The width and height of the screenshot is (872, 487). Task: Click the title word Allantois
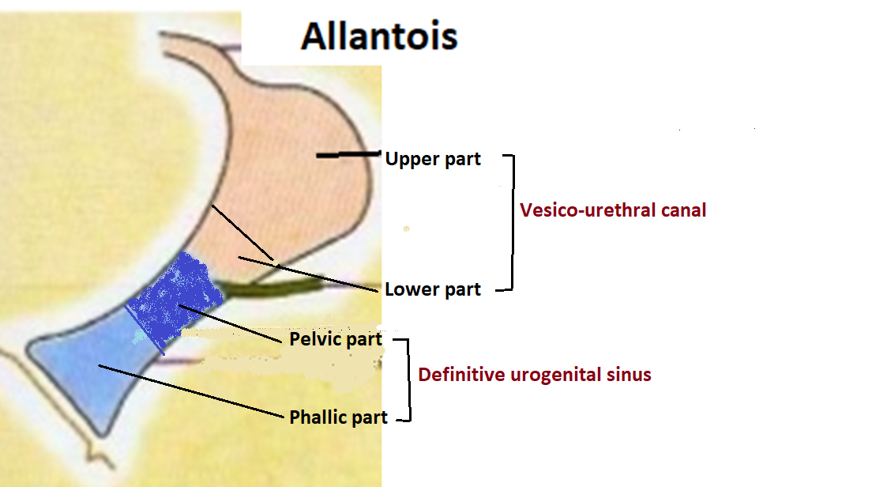tap(379, 36)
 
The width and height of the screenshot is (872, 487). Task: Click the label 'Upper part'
tap(433, 159)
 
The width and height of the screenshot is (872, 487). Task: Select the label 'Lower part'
tap(433, 289)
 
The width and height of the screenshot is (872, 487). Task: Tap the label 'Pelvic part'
tap(336, 340)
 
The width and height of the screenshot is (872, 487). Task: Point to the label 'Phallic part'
tap(339, 417)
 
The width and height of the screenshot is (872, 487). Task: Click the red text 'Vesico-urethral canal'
tap(613, 210)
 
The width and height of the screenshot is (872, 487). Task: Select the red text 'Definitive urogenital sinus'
tap(535, 375)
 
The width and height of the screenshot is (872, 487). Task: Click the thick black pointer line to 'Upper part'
tap(348, 156)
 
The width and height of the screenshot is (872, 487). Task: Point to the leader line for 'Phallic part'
tap(190, 391)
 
